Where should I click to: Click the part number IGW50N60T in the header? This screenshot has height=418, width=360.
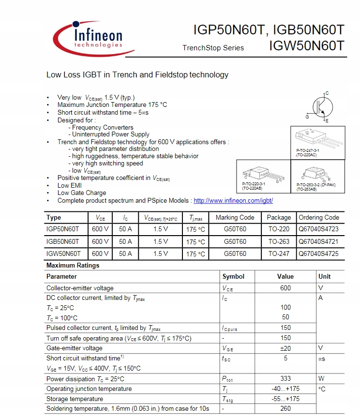pyautogui.click(x=307, y=46)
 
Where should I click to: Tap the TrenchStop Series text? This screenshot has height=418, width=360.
pyautogui.click(x=213, y=48)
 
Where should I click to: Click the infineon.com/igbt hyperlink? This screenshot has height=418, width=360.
pyautogui.click(x=233, y=200)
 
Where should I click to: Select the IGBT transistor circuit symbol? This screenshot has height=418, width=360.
pyautogui.click(x=318, y=106)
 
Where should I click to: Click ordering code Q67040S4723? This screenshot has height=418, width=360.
pyautogui.click(x=318, y=229)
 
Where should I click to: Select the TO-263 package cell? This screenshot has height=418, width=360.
pyautogui.click(x=279, y=241)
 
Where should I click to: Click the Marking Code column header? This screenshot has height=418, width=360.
pyautogui.click(x=235, y=217)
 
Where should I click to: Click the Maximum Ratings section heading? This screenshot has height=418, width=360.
pyautogui.click(x=73, y=265)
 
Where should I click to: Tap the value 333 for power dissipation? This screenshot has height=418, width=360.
pyautogui.click(x=285, y=379)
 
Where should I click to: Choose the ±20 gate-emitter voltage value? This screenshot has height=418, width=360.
pyautogui.click(x=285, y=348)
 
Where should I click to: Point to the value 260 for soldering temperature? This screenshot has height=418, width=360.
pyautogui.click(x=285, y=409)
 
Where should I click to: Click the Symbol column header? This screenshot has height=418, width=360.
pyautogui.click(x=233, y=276)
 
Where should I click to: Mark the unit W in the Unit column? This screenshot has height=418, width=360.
pyautogui.click(x=321, y=379)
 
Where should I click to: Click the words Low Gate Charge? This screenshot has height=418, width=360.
pyautogui.click(x=82, y=193)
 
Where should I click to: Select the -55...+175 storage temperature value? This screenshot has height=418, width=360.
pyautogui.click(x=285, y=399)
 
